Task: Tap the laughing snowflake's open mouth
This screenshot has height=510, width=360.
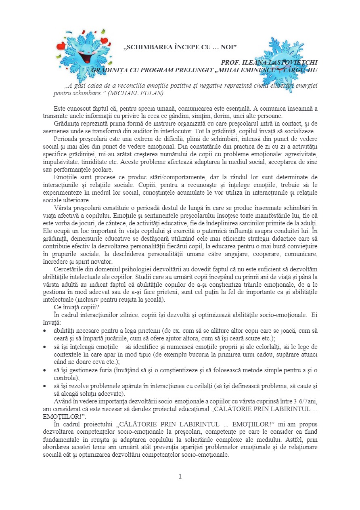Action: (x=86, y=57)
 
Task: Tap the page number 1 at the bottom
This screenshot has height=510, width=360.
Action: (x=180, y=476)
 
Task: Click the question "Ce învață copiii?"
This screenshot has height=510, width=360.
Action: (x=79, y=306)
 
